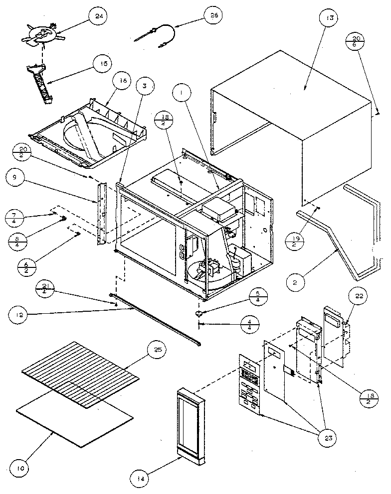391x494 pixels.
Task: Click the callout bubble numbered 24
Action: coord(97,17)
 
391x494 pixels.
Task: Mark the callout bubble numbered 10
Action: coord(20,469)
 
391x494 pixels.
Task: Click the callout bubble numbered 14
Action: coord(140,479)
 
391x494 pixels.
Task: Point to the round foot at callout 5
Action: coord(200,313)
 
